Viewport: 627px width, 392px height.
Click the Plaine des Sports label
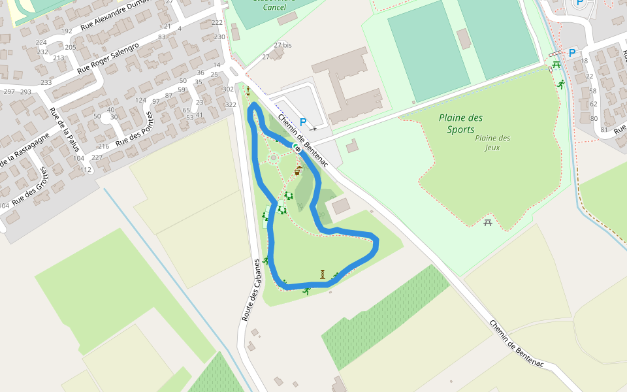coord(460,123)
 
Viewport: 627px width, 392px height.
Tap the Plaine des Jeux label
coord(492,142)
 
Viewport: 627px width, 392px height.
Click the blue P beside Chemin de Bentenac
coord(303,122)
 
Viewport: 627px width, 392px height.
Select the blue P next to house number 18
coord(572,53)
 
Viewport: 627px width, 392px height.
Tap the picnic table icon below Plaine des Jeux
coord(488,223)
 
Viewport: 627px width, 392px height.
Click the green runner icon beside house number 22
coord(560,84)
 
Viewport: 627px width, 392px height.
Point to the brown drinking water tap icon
coord(298,171)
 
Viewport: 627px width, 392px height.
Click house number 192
coord(67,31)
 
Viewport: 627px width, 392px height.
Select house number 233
coord(46,82)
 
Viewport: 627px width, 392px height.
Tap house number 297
coord(9,91)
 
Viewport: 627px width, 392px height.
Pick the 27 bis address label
coord(283,45)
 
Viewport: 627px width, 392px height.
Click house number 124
coord(140,100)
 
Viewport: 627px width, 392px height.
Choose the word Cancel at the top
coord(274,7)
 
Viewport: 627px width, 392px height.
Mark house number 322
coord(231,105)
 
